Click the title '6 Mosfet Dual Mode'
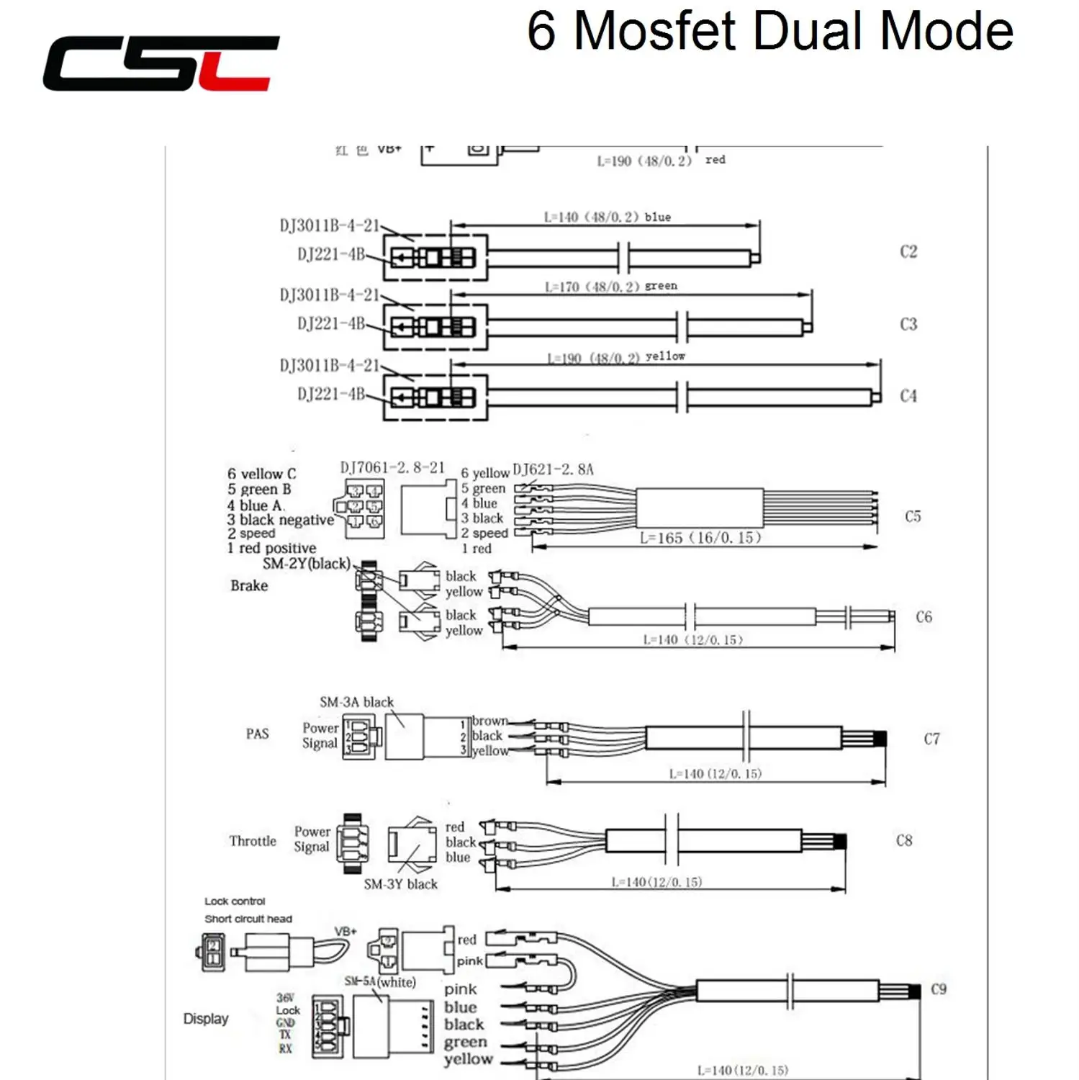coord(769,32)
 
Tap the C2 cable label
coord(908,251)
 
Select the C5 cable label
coord(912,516)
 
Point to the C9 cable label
coord(938,989)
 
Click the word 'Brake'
coord(249,585)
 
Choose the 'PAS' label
coord(257,734)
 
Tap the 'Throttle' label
coord(253,840)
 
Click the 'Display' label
coord(205,1018)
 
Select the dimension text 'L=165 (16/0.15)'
coord(700,537)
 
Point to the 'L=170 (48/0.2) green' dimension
coord(610,286)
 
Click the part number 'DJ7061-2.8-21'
coord(392,467)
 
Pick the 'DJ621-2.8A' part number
coord(553,469)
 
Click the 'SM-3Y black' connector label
coord(400,883)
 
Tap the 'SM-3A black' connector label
coord(356,701)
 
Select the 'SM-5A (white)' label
coord(380,981)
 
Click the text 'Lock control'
coord(235,901)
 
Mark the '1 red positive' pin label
coord(271,548)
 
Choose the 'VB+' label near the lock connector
coord(346,931)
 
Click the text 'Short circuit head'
coord(248,919)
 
